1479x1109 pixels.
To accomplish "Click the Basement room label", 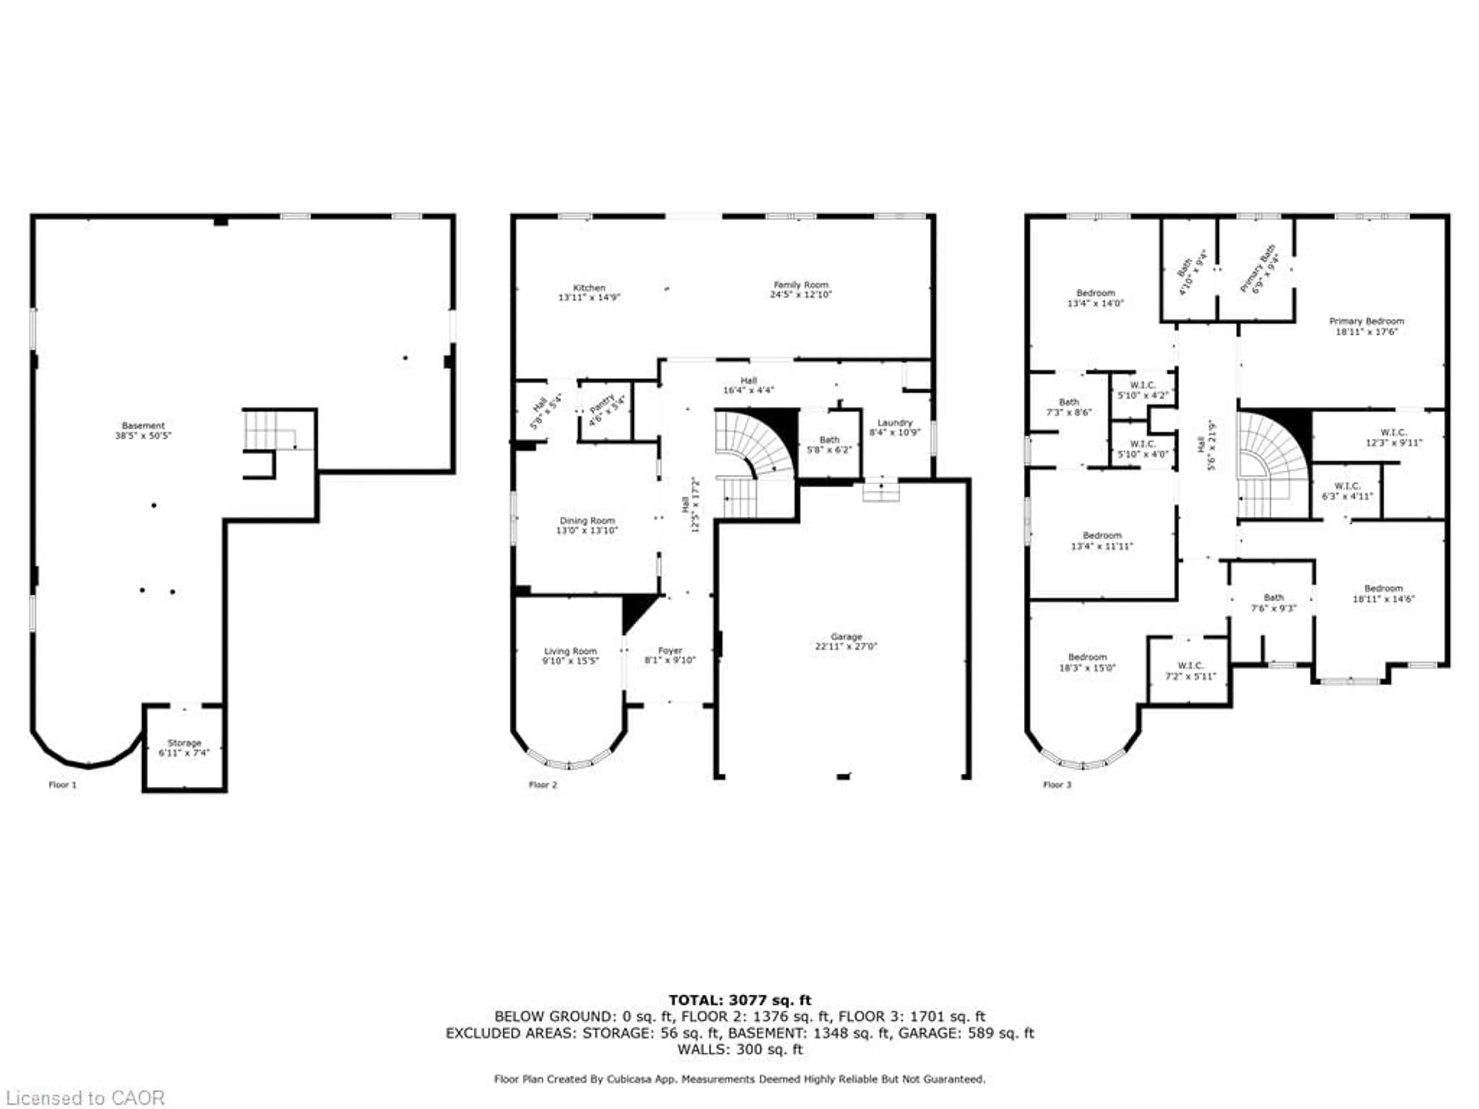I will [x=143, y=426].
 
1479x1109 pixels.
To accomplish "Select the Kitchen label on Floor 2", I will [x=589, y=287].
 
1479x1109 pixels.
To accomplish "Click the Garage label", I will [x=846, y=637].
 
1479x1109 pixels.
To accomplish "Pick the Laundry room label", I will [x=895, y=422].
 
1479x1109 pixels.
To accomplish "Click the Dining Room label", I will [x=587, y=521].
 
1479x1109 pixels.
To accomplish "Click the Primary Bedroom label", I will [x=1366, y=321].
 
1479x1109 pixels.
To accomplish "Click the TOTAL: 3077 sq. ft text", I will [x=739, y=1000].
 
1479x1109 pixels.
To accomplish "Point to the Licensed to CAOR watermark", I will [x=85, y=1097].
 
